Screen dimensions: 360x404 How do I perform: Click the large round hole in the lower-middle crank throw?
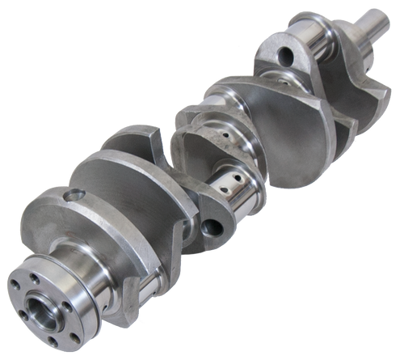(x=216, y=228)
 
